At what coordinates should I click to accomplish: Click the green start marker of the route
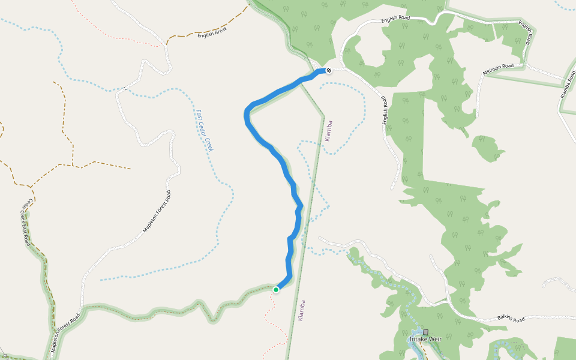(x=276, y=290)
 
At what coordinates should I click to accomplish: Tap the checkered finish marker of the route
(x=328, y=70)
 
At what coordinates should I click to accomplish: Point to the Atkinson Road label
(x=498, y=70)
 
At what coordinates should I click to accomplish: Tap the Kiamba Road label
(x=568, y=88)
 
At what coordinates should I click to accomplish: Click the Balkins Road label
(x=511, y=318)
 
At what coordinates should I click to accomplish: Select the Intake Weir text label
(x=425, y=340)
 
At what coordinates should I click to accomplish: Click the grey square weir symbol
(x=425, y=332)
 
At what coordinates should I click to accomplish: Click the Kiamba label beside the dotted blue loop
(x=328, y=130)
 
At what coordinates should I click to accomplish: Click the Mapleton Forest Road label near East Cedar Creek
(x=157, y=212)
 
